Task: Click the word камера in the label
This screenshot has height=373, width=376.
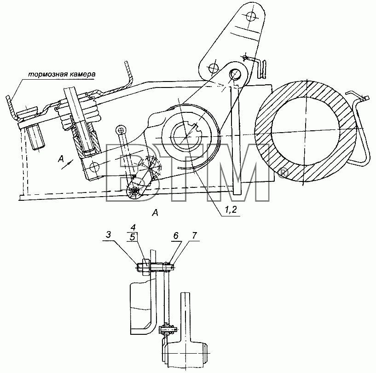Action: coord(81,74)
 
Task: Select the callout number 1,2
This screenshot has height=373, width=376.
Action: coord(231,210)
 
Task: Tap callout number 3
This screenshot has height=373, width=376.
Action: coord(109,235)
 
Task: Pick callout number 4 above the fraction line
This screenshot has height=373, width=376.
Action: coord(133,227)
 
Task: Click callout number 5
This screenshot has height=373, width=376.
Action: coord(133,238)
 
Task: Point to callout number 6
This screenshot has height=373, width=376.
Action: coord(176,236)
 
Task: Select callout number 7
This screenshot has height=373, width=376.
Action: coord(194,235)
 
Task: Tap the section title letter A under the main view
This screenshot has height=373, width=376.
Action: coord(156,213)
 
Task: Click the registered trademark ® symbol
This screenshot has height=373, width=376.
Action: coord(283,173)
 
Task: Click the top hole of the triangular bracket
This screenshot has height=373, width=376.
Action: coord(250,16)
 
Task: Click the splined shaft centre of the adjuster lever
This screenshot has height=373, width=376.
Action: coord(186,136)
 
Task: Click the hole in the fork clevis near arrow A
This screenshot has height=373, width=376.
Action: coord(94,166)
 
